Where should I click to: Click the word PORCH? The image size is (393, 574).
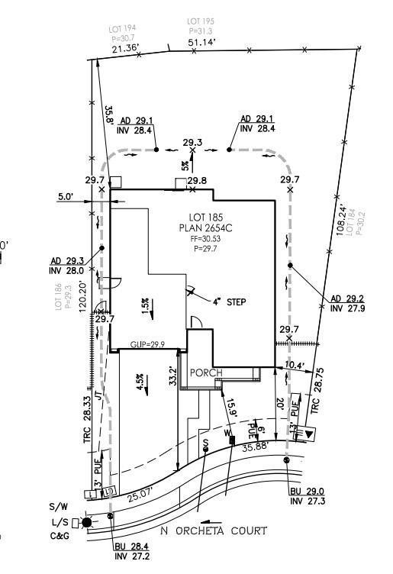click(207, 372)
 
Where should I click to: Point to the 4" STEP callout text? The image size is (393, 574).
click(229, 302)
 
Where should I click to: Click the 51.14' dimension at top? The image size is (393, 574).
click(201, 43)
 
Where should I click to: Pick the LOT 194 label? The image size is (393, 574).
click(123, 28)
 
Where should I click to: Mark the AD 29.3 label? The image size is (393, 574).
click(65, 260)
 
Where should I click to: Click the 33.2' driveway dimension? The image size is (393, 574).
click(173, 376)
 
